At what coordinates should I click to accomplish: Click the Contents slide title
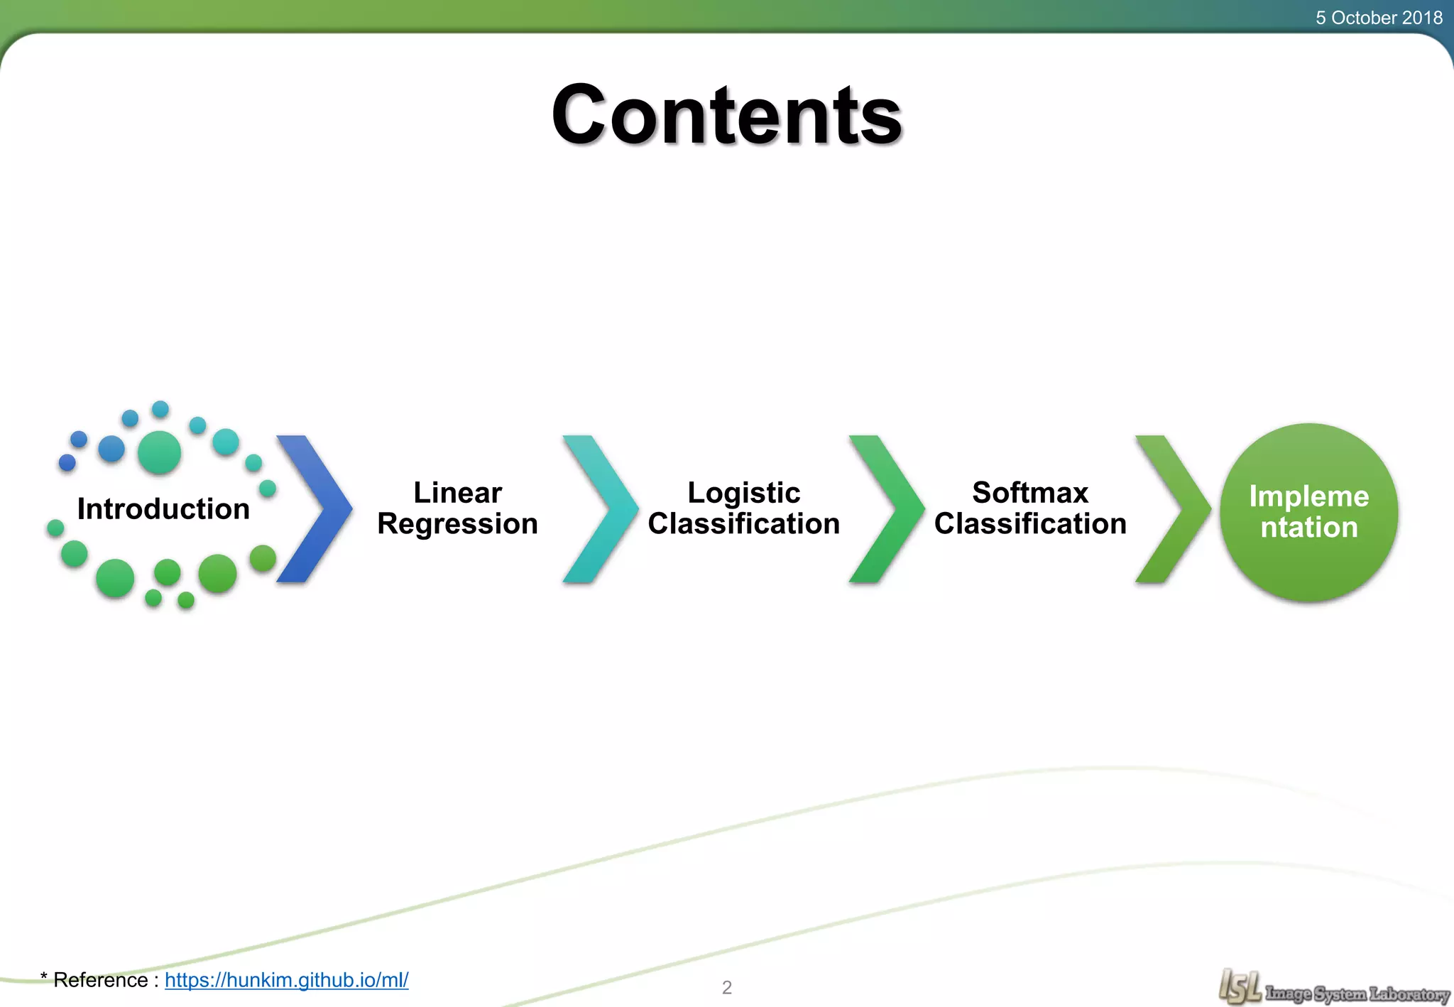click(x=726, y=115)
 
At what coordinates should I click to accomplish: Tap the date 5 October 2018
click(x=1378, y=18)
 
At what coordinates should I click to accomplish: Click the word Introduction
click(x=163, y=509)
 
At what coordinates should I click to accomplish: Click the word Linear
click(x=457, y=493)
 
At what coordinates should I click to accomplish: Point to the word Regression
click(x=457, y=525)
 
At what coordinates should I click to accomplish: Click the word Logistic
click(x=743, y=493)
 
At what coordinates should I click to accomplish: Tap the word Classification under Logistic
click(x=743, y=524)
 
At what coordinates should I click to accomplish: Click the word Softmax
click(x=1030, y=493)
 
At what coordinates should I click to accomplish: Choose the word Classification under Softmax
click(x=1030, y=524)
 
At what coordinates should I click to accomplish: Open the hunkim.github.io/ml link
click(x=286, y=980)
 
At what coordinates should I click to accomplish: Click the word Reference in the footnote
click(x=101, y=980)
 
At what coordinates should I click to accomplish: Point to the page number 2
click(x=726, y=987)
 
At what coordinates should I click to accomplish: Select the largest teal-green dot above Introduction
click(x=159, y=452)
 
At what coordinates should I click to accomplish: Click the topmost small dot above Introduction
click(x=160, y=409)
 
